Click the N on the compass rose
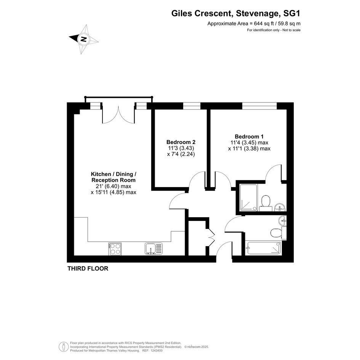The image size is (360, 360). pyautogui.click(x=83, y=39)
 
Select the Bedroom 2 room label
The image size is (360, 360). pyautogui.click(x=181, y=142)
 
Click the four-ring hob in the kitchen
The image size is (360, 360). pyautogui.click(x=115, y=249)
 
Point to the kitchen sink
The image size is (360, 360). pyautogui.click(x=154, y=249)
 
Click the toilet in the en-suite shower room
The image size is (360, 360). pyautogui.click(x=266, y=203)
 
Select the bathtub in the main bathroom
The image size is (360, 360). pyautogui.click(x=263, y=248)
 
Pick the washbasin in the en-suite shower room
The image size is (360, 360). pyautogui.click(x=280, y=207)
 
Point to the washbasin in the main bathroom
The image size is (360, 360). pyautogui.click(x=283, y=221)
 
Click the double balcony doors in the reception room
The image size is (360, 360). pyautogui.click(x=118, y=114)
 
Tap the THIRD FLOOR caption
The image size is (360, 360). pyautogui.click(x=88, y=269)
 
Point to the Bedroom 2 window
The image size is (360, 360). pyautogui.click(x=192, y=106)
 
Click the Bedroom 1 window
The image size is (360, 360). pyautogui.click(x=260, y=106)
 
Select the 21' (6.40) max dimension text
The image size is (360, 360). pyautogui.click(x=114, y=186)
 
